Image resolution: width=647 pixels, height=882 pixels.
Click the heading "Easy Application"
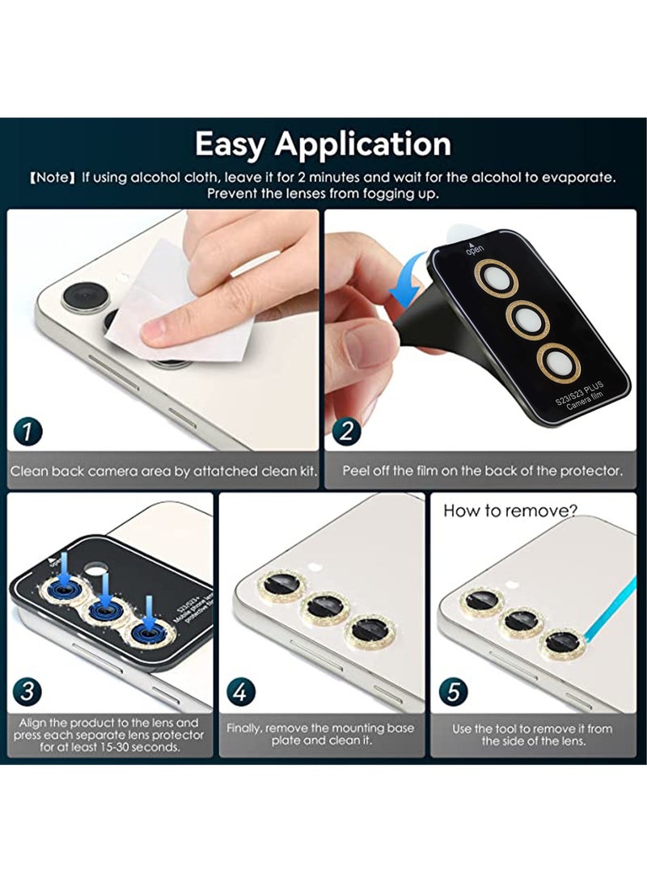pos(323,144)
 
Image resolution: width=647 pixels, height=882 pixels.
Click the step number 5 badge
pos(453,692)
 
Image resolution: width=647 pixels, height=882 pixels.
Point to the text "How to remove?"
pos(510,511)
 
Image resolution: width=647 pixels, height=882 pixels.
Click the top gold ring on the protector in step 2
pos(495,279)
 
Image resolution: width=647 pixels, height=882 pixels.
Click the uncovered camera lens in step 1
pos(82,297)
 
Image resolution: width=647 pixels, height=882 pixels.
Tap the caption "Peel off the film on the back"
pos(482,471)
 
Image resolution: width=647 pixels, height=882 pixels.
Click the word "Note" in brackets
pos(53,178)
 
